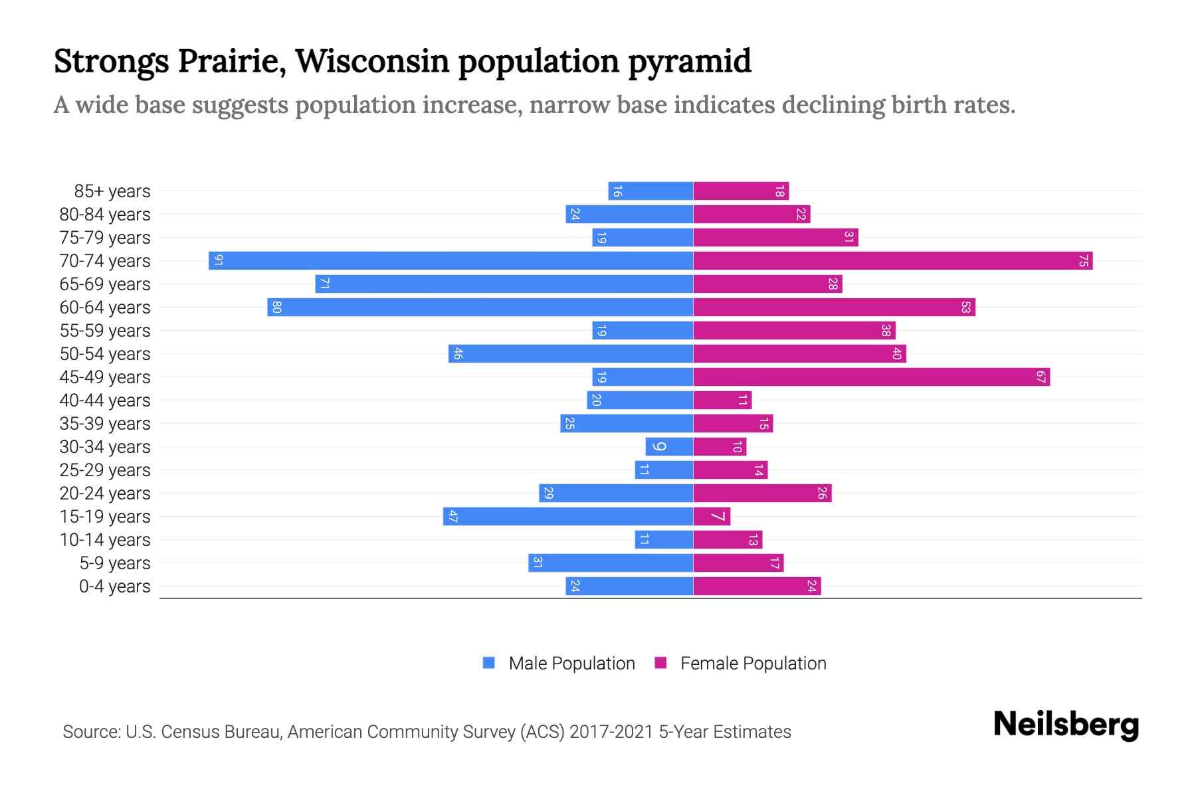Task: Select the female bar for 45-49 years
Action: (871, 377)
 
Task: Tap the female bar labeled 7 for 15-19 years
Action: (712, 516)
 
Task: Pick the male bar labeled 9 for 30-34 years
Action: (669, 446)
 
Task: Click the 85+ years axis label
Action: (112, 191)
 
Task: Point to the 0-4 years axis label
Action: (114, 586)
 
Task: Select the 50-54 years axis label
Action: (105, 354)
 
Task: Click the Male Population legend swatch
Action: (489, 663)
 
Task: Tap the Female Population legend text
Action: (753, 664)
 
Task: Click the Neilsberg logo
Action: (1066, 725)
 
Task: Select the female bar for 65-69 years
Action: (767, 284)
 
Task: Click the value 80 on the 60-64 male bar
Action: (277, 307)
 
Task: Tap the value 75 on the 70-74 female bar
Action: (1083, 260)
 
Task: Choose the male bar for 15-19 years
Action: (568, 516)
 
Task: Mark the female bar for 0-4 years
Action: (757, 586)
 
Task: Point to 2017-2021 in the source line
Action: (611, 732)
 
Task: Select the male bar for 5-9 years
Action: (611, 563)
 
